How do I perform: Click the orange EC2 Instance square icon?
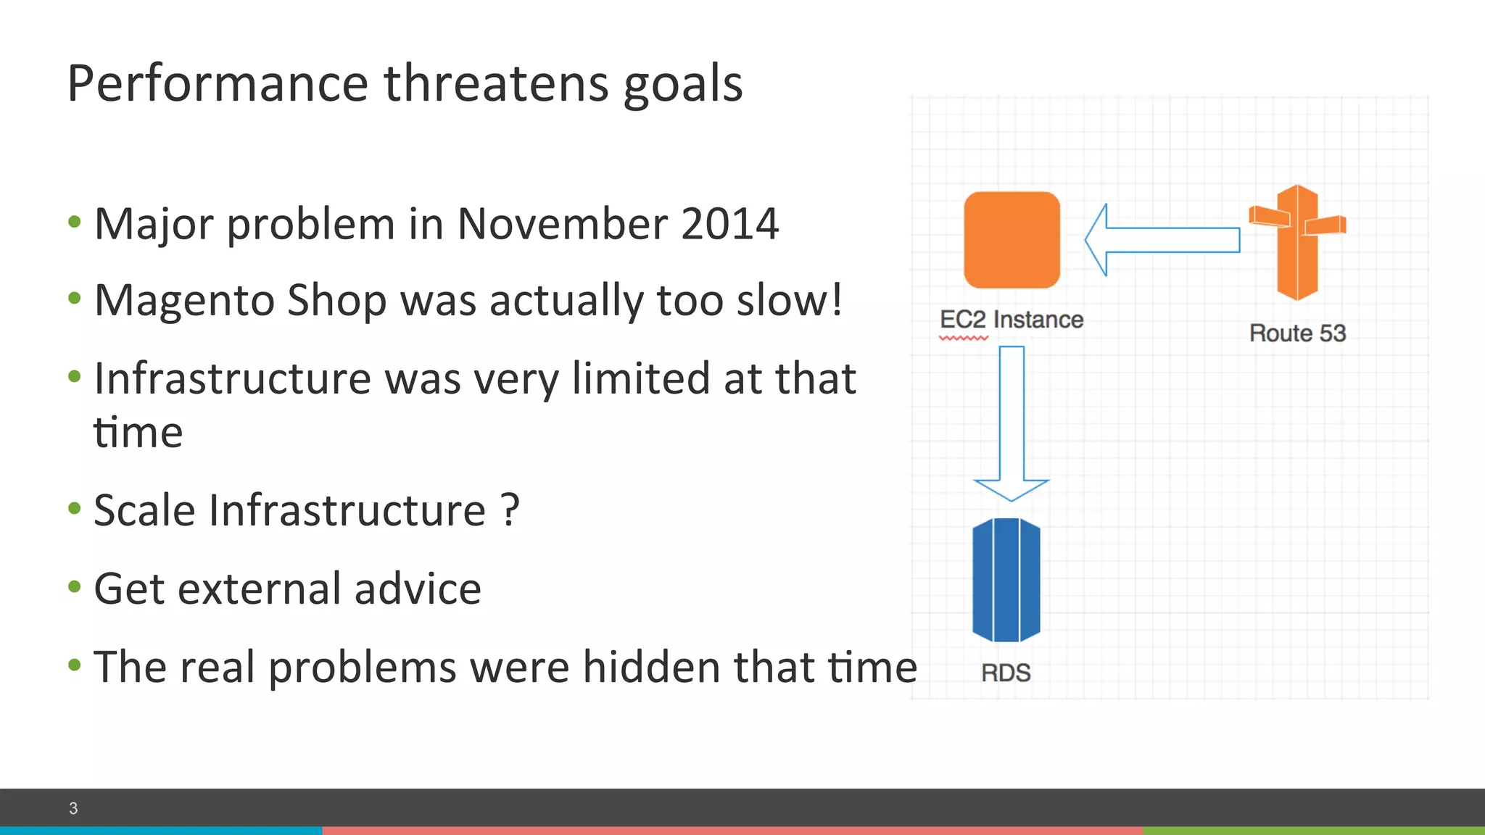coord(1012,240)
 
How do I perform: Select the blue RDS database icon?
coord(1006,580)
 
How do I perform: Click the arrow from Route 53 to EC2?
coord(1162,240)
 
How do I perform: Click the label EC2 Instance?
coord(1011,320)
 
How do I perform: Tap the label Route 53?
coord(1297,333)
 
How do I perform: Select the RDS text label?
coord(1006,673)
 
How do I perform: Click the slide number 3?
coord(73,808)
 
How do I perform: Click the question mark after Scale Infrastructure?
coord(510,510)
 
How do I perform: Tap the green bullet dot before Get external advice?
coord(74,586)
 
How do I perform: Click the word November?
coord(561,224)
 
